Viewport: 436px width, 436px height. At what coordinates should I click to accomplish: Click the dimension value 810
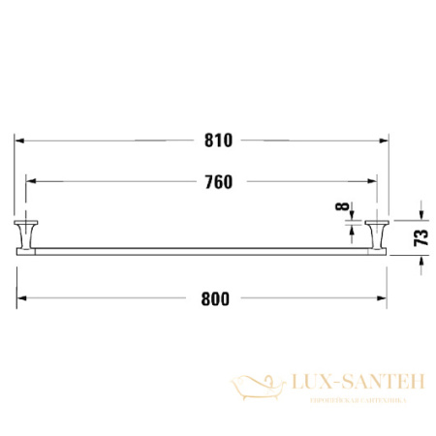click(219, 140)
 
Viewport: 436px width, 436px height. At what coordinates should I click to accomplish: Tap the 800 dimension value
click(215, 298)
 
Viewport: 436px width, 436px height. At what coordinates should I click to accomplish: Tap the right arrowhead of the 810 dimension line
click(386, 140)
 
